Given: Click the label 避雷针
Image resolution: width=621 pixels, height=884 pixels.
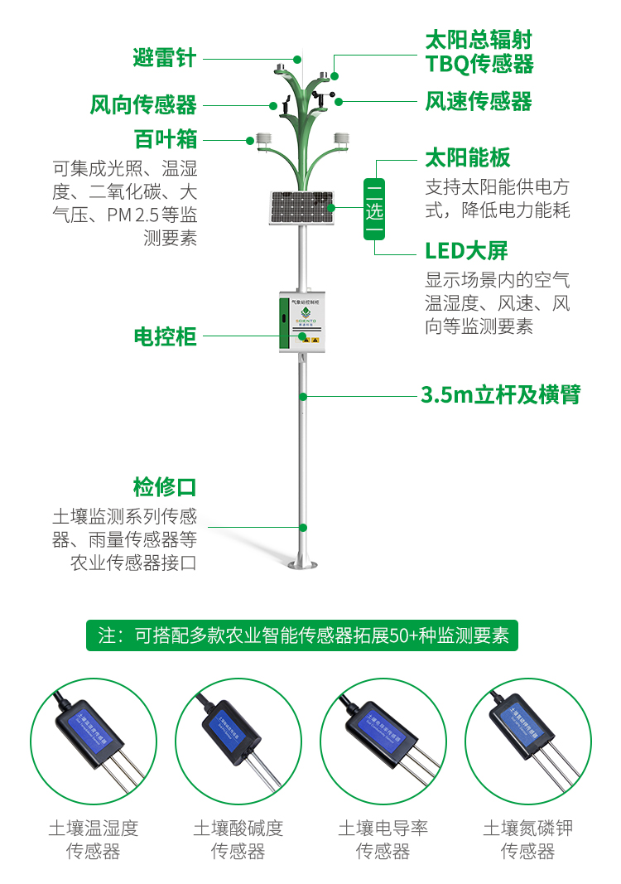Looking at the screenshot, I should click(x=165, y=58).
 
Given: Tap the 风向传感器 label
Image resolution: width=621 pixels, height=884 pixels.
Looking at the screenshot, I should click(x=143, y=105).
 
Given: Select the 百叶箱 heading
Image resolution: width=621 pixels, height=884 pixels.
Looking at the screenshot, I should click(x=166, y=138).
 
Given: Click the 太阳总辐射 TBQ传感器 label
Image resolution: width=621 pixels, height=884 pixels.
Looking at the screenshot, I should click(x=479, y=51).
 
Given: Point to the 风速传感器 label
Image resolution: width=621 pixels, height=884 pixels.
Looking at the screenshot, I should click(x=479, y=102).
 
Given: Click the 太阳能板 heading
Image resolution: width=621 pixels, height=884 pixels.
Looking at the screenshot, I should click(x=467, y=157).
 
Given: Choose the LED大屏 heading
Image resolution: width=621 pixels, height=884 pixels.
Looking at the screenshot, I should click(x=466, y=251).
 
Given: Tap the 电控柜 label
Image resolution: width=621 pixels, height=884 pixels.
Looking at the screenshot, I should click(x=165, y=336).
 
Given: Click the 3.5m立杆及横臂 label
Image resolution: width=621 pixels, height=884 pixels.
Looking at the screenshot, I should click(x=500, y=395).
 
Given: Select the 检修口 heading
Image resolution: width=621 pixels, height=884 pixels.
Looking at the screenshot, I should click(x=165, y=486).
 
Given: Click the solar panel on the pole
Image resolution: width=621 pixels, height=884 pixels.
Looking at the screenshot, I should click(x=301, y=208).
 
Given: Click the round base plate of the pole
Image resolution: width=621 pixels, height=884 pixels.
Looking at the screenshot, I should click(x=303, y=565).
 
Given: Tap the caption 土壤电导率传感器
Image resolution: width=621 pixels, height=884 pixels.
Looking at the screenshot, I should click(x=383, y=839).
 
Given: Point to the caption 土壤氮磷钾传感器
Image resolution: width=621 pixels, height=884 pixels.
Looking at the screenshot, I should click(x=528, y=839).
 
